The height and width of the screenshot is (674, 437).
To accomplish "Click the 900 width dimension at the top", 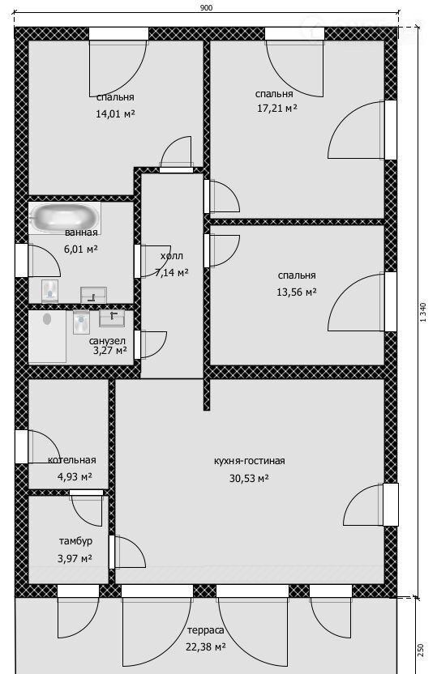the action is (207, 8).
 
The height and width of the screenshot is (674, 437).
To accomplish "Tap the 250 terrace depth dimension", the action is (420, 649).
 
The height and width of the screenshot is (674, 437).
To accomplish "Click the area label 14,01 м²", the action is (115, 114).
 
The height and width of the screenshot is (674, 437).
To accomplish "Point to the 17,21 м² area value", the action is (277, 109).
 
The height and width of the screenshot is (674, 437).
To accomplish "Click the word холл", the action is (172, 256).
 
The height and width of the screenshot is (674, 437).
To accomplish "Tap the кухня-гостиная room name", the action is (250, 461).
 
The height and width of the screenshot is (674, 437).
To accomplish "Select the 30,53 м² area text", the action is (249, 479).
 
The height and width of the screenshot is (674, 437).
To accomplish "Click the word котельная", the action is (72, 460).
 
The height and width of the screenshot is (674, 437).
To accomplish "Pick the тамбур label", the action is (75, 541).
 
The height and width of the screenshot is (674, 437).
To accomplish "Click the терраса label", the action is (206, 630).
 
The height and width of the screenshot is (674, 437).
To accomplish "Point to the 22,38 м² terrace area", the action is (206, 647).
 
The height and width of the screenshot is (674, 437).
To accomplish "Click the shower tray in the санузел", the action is (47, 336).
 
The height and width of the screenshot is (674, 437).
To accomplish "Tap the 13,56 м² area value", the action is (297, 292).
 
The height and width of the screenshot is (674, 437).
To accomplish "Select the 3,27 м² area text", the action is (110, 350).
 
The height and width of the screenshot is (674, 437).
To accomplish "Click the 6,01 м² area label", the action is (81, 250).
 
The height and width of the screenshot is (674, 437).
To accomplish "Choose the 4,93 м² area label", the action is (75, 476).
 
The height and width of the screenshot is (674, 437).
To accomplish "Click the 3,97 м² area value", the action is (75, 559).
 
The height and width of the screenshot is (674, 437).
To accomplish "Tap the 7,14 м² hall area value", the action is (172, 272).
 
